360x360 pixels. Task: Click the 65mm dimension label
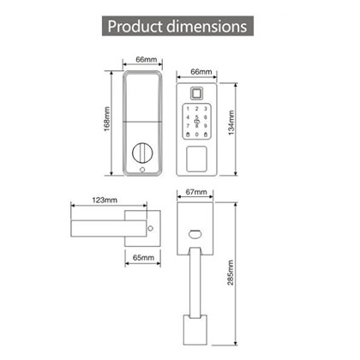[x=142, y=256]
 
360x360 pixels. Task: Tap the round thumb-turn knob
[x=141, y=155]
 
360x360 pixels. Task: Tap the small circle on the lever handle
[x=152, y=229]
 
